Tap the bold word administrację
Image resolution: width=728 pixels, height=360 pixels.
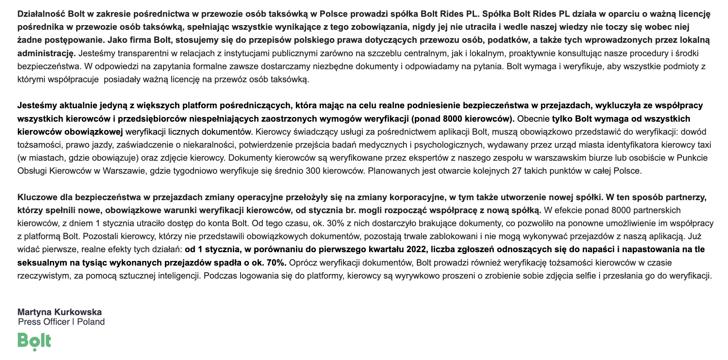[x=46, y=53]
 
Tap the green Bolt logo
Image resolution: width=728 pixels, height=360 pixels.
[x=34, y=341]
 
